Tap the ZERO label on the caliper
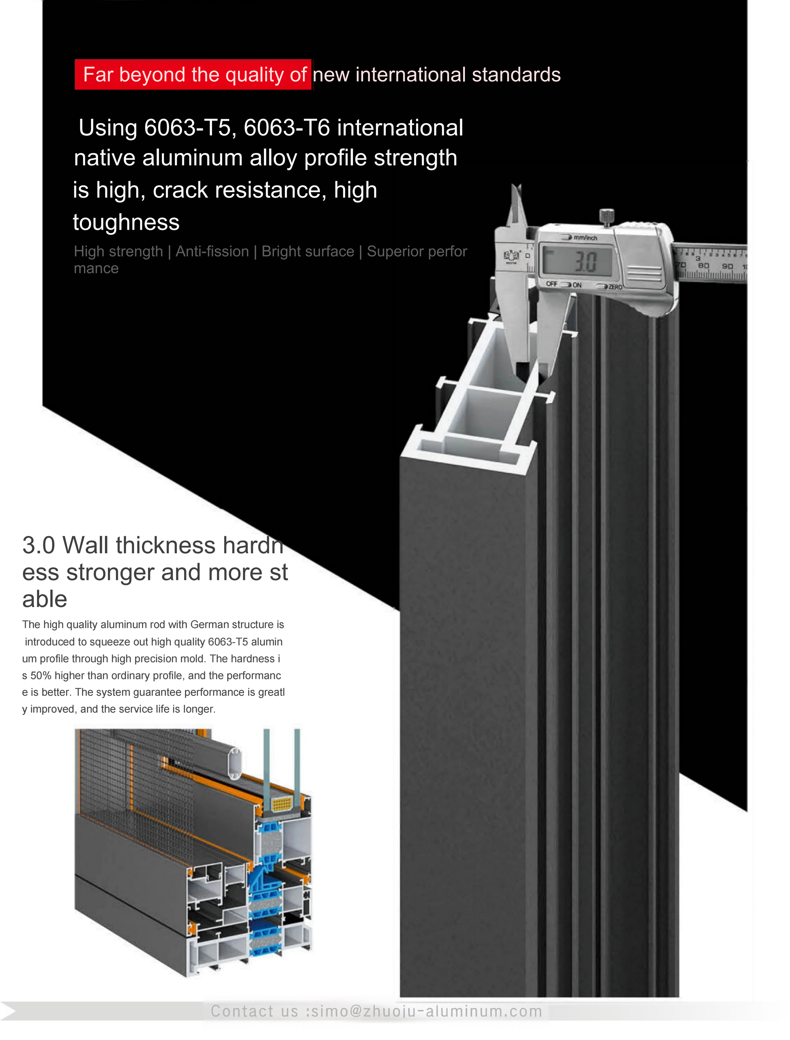click(615, 287)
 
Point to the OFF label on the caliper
click(552, 284)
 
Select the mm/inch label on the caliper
click(585, 238)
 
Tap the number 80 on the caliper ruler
click(704, 266)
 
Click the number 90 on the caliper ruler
click(728, 266)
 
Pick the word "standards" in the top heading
click(516, 75)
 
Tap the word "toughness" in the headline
click(126, 222)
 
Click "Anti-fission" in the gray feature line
click(212, 251)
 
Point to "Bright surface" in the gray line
click(308, 251)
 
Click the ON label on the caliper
click(577, 285)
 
